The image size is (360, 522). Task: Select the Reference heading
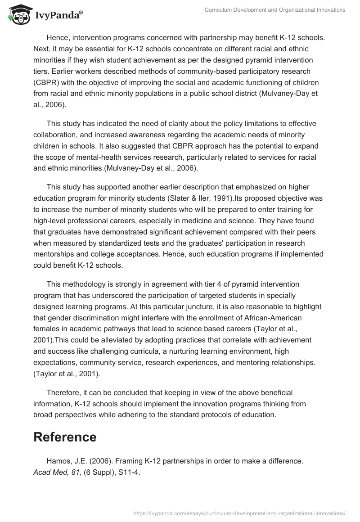tap(65, 436)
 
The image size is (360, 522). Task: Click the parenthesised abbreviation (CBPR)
tap(47, 82)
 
